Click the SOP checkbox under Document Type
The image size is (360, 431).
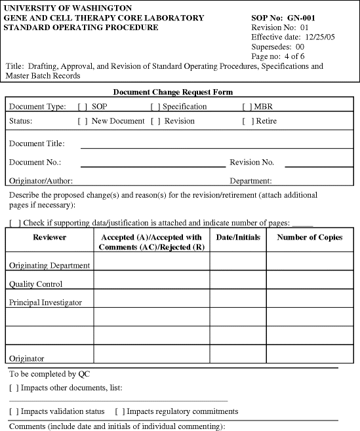(x=83, y=107)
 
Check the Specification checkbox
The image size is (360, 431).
(x=155, y=107)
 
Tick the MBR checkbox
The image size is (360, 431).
(x=247, y=107)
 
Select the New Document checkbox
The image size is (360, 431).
(x=83, y=121)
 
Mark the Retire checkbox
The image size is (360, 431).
(x=247, y=121)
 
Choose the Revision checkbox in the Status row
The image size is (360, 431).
(x=155, y=121)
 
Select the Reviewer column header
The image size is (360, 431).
(x=50, y=238)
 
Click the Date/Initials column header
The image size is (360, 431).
(x=238, y=238)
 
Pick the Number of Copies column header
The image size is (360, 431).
(x=310, y=238)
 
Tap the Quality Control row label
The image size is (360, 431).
(x=36, y=284)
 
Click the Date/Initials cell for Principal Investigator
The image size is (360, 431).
(x=238, y=299)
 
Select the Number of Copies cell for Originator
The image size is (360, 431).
(x=310, y=354)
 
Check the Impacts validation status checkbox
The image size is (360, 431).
(x=14, y=411)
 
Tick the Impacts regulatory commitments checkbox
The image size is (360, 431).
(x=120, y=411)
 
